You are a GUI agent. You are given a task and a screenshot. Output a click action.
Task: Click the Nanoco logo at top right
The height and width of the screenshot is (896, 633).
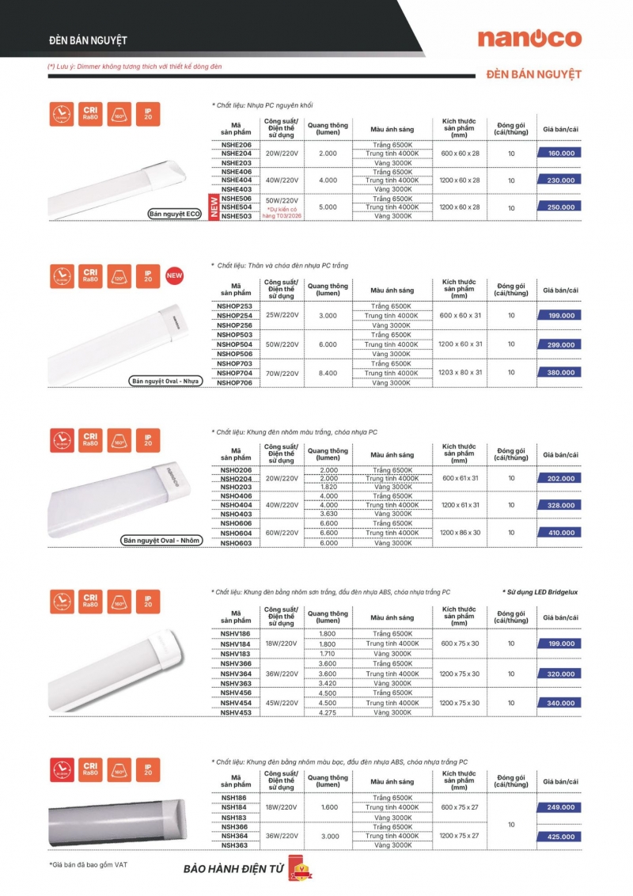tap(529, 38)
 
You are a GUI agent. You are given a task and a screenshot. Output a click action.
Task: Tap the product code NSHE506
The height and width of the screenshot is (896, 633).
tap(237, 198)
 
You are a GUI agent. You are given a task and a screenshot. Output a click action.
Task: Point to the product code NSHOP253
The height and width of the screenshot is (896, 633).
tap(236, 306)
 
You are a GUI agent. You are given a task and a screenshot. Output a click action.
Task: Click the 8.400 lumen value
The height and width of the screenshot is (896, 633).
tap(328, 373)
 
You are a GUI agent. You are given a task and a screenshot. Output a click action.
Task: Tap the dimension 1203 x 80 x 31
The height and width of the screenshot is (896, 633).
tap(461, 373)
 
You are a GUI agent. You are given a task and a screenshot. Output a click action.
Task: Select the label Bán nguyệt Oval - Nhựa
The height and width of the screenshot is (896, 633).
tap(165, 382)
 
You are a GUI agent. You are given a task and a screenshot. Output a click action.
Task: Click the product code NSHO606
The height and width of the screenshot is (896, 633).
tap(236, 524)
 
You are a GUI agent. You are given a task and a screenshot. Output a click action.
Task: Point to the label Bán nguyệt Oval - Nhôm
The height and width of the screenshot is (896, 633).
tap(161, 541)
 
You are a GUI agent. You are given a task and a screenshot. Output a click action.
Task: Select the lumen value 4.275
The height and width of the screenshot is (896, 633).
tap(328, 712)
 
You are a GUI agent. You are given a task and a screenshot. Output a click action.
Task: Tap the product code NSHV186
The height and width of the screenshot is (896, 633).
tap(236, 635)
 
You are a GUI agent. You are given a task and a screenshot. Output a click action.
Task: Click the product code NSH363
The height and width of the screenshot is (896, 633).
tap(235, 845)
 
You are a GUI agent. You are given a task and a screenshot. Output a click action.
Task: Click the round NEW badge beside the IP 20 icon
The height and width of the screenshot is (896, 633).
tap(174, 276)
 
